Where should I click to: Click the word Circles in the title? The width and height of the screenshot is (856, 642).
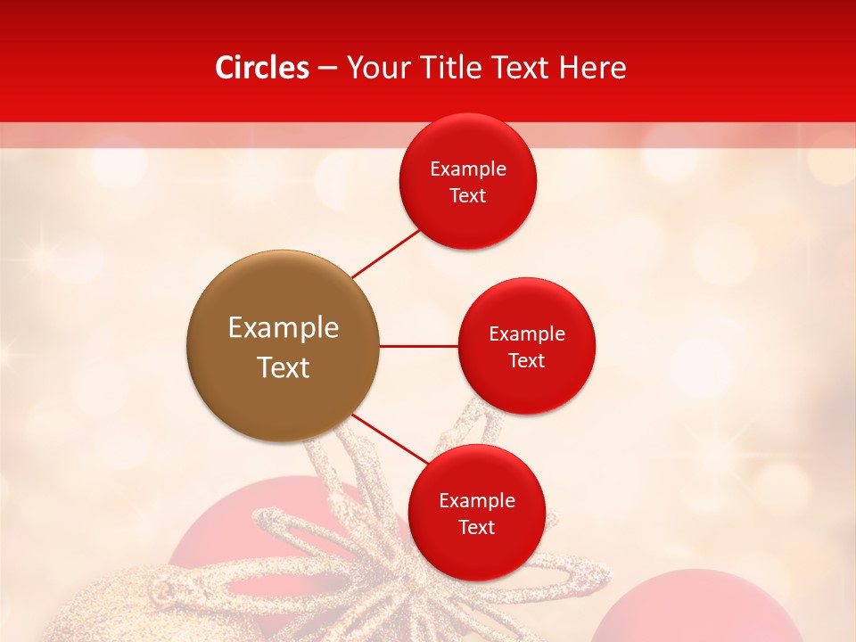point(261,68)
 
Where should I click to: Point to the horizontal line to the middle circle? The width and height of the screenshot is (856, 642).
point(419,346)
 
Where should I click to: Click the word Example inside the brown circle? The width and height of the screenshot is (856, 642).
point(284,328)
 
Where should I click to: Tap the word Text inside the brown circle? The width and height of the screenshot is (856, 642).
point(284,367)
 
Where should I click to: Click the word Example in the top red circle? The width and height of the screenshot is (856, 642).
point(468,169)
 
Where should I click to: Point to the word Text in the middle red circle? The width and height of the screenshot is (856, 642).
point(527,360)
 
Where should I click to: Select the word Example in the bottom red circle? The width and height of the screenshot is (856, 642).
point(477,500)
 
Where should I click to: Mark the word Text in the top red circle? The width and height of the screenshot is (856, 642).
point(468,195)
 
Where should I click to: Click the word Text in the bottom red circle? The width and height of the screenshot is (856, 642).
point(477,527)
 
